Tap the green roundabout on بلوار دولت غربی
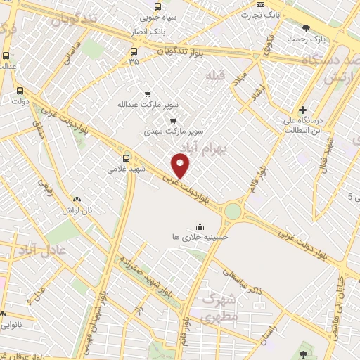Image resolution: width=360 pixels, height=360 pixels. pyautogui.click(x=233, y=211)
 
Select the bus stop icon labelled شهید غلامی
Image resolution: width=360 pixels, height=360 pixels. pyautogui.click(x=126, y=157)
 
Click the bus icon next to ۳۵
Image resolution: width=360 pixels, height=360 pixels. pyautogui.click(x=134, y=51)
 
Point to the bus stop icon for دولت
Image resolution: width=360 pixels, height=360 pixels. pyautogui.click(x=20, y=91)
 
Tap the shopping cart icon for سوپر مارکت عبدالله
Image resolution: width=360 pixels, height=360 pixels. pyautogui.click(x=147, y=94)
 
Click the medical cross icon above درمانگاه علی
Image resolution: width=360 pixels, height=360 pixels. pyautogui.click(x=302, y=110)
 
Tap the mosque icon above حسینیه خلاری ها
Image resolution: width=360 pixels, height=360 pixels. pyautogui.click(x=200, y=226)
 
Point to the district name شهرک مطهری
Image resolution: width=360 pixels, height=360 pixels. pyautogui.click(x=219, y=307)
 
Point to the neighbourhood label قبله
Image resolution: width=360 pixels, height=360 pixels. pyautogui.click(x=214, y=74)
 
